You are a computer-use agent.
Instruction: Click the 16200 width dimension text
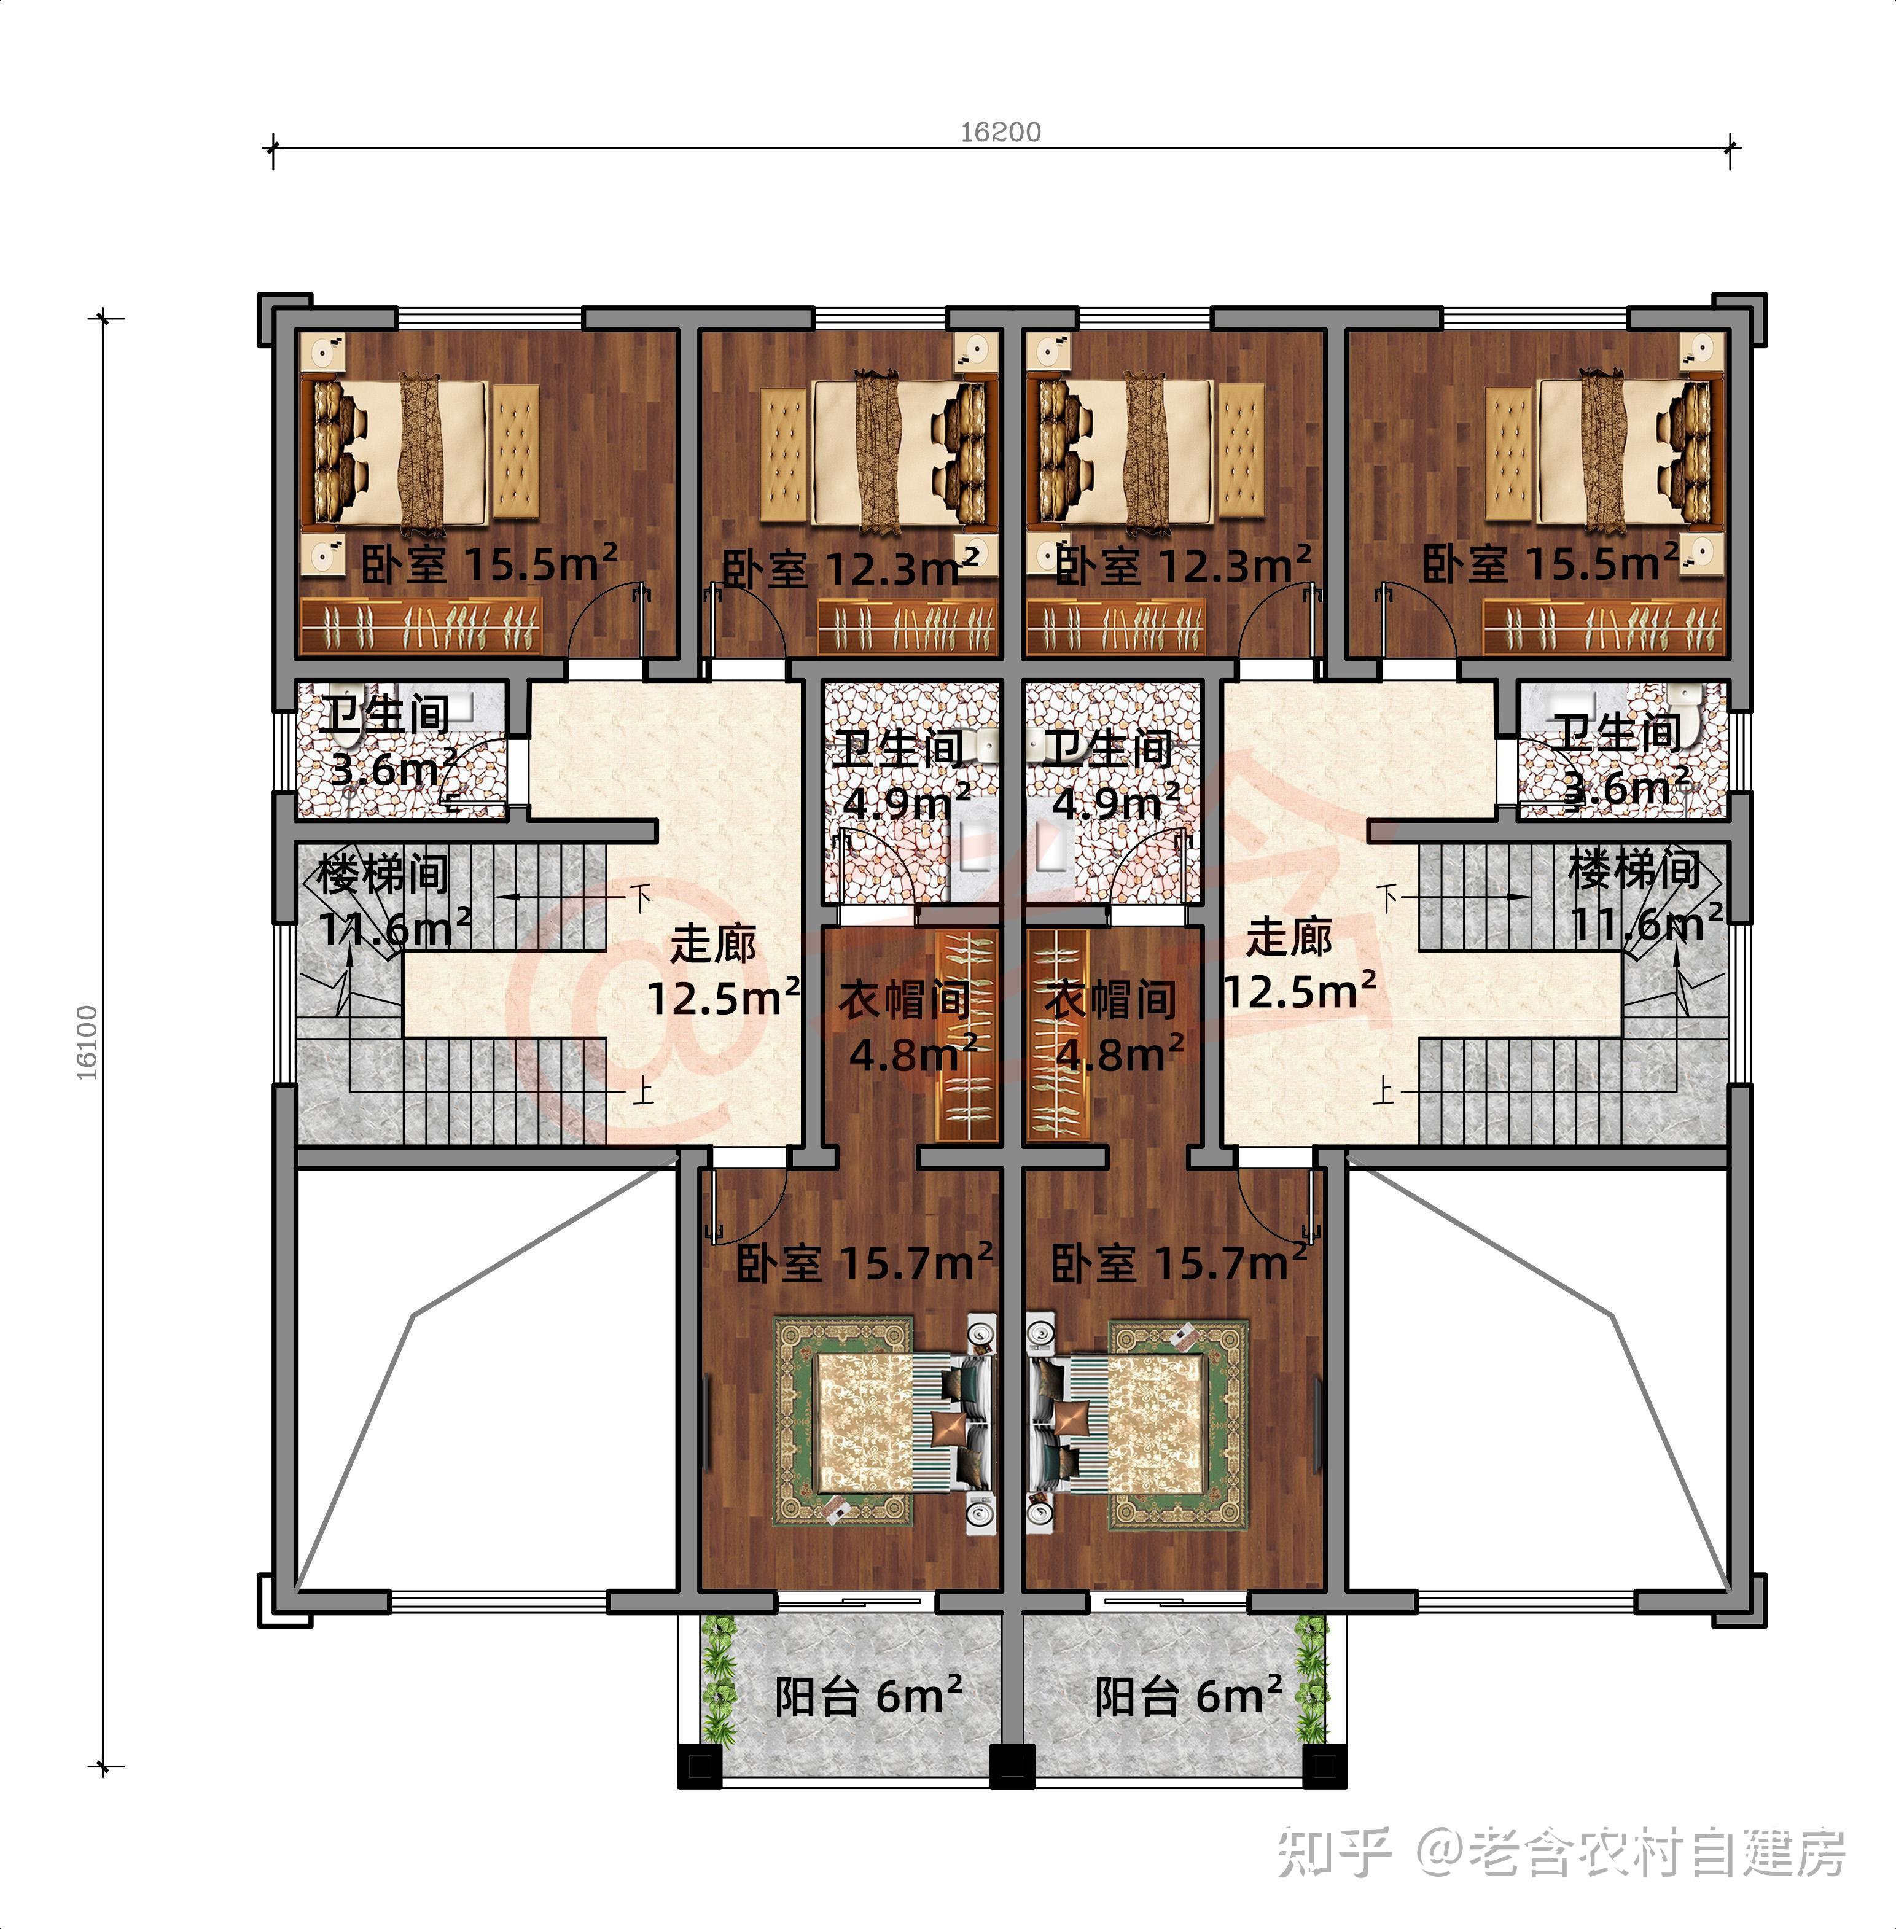coord(1000,133)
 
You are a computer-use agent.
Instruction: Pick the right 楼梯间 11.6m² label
coord(1645,896)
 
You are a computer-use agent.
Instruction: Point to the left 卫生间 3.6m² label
coord(388,742)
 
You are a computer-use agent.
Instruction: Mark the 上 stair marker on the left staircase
coord(643,1093)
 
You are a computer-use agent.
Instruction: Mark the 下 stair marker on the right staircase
coord(1388,898)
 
